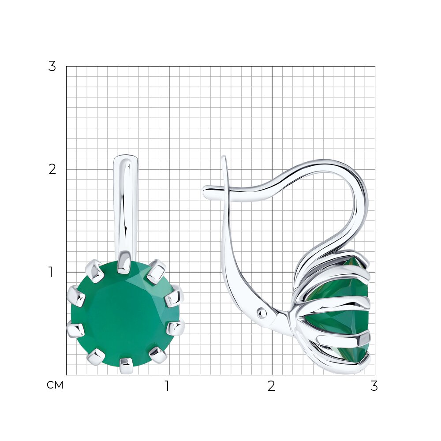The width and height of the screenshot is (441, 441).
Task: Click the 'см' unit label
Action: (55, 385)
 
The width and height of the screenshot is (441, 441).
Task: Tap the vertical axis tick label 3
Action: (52, 67)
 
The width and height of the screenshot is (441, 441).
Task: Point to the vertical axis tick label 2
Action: (52, 169)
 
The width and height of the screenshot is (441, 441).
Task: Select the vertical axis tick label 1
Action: (51, 272)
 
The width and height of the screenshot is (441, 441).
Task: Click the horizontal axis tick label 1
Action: (167, 386)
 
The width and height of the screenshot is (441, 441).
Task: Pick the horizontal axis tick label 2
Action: (271, 386)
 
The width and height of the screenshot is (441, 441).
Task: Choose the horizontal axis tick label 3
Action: (374, 386)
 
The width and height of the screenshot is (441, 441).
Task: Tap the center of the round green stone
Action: (125, 314)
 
